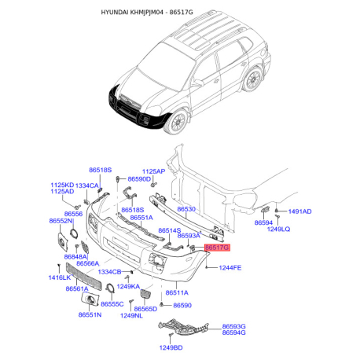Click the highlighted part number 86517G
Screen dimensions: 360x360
(217, 248)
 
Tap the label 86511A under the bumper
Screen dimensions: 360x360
(177, 292)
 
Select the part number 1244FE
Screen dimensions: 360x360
(230, 268)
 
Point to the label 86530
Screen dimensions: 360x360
(186, 209)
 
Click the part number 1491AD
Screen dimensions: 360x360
(299, 211)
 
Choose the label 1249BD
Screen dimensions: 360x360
(171, 347)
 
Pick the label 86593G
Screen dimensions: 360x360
(233, 326)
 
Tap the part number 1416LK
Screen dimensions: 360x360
(60, 277)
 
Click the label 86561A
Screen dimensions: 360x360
(77, 288)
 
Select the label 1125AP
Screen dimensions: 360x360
(153, 171)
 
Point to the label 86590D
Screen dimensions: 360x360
(139, 179)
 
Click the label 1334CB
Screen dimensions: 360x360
(109, 272)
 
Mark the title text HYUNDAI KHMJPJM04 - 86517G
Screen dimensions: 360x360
(147, 12)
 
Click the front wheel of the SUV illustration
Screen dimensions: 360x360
(178, 122)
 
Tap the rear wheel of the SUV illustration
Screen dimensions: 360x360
(252, 79)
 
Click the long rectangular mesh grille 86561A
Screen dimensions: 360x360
(83, 277)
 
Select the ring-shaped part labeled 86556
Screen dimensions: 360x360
(74, 233)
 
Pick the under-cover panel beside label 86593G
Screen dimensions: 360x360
(183, 328)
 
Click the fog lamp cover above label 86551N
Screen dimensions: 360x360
(90, 299)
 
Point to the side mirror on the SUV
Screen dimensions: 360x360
(198, 83)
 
